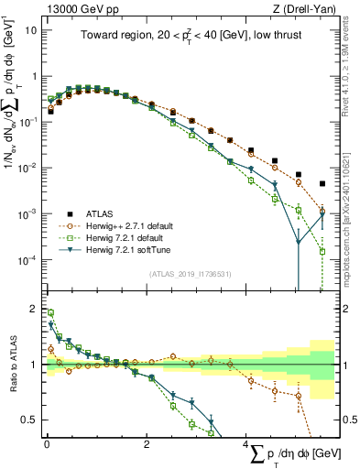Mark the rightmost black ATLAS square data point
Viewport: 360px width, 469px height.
click(x=322, y=184)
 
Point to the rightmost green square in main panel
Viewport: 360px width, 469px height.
click(x=322, y=251)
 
